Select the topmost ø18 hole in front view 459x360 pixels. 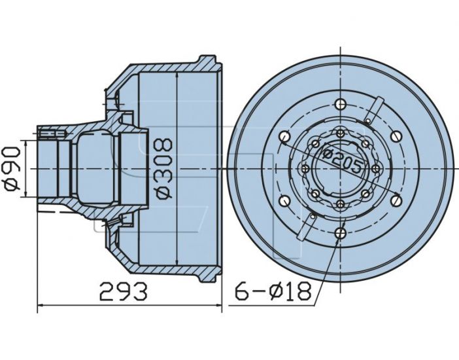[341, 103]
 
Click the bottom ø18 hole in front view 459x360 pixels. [341, 232]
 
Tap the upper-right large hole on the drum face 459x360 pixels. [396, 135]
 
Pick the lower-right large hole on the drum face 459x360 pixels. [396, 200]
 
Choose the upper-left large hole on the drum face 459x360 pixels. [284, 136]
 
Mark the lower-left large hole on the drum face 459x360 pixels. [284, 200]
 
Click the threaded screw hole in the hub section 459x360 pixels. [51, 134]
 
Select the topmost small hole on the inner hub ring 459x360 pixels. [341, 134]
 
